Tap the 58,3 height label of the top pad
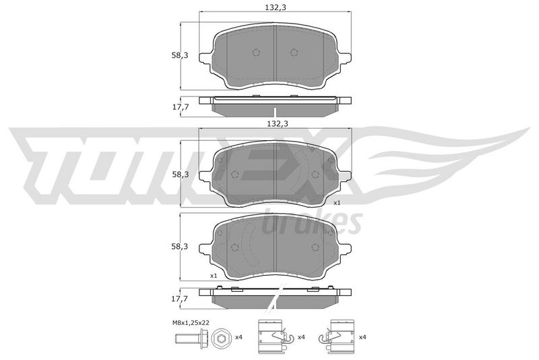[180, 55]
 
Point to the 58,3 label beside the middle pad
[180, 175]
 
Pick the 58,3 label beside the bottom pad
[180, 247]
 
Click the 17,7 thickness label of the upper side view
[181, 107]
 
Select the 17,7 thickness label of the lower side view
[180, 299]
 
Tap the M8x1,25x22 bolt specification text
[191, 323]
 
